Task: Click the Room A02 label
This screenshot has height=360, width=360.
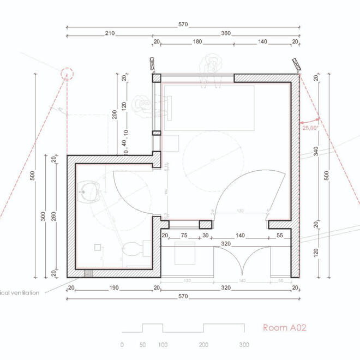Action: click(x=284, y=328)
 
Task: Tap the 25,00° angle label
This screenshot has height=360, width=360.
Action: click(x=309, y=127)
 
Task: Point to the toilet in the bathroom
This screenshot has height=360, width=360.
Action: click(x=131, y=249)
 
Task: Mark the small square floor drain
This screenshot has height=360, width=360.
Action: click(x=98, y=247)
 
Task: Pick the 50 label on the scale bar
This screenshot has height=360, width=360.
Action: click(x=142, y=345)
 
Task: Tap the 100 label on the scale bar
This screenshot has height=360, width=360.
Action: click(x=163, y=345)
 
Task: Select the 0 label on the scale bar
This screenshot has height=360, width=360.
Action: click(x=122, y=345)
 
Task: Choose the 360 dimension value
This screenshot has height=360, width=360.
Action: click(x=226, y=33)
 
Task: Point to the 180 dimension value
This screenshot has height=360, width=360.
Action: click(x=197, y=41)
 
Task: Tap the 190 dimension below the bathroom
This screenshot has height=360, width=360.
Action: click(x=113, y=288)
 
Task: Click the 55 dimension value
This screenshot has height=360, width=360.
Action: click(x=280, y=236)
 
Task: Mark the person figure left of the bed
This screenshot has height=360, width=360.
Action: click(x=143, y=104)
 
